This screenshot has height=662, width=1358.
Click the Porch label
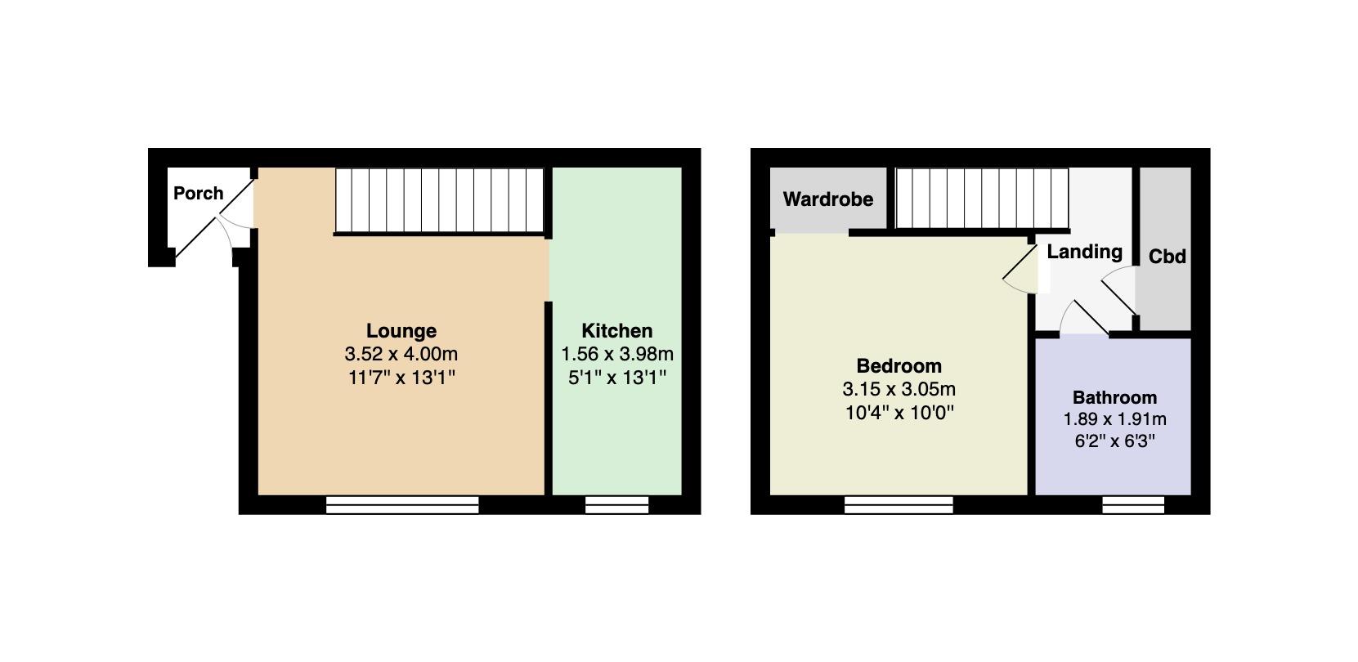[198, 194]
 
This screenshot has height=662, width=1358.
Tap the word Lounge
[401, 330]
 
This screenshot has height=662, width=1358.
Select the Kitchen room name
[617, 330]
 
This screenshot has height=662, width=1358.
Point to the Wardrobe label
[828, 199]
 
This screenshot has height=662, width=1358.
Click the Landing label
[1085, 252]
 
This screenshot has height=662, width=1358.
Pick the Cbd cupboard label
[1167, 257]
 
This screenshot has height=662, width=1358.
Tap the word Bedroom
[899, 365]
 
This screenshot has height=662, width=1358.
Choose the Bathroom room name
[1115, 397]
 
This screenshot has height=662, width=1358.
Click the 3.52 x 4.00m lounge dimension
[401, 353]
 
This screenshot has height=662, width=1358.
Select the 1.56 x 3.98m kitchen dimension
[617, 353]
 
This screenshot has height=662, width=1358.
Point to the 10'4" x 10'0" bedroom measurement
[899, 413]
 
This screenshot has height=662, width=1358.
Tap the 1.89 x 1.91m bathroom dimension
[1115, 419]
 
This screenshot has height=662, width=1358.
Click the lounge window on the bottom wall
[402, 505]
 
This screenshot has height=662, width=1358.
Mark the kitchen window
[617, 505]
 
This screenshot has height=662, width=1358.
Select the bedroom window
[899, 505]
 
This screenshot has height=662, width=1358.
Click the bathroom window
[1133, 505]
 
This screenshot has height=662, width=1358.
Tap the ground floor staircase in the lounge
[440, 200]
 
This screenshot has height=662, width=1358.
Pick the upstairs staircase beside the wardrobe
[982, 199]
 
